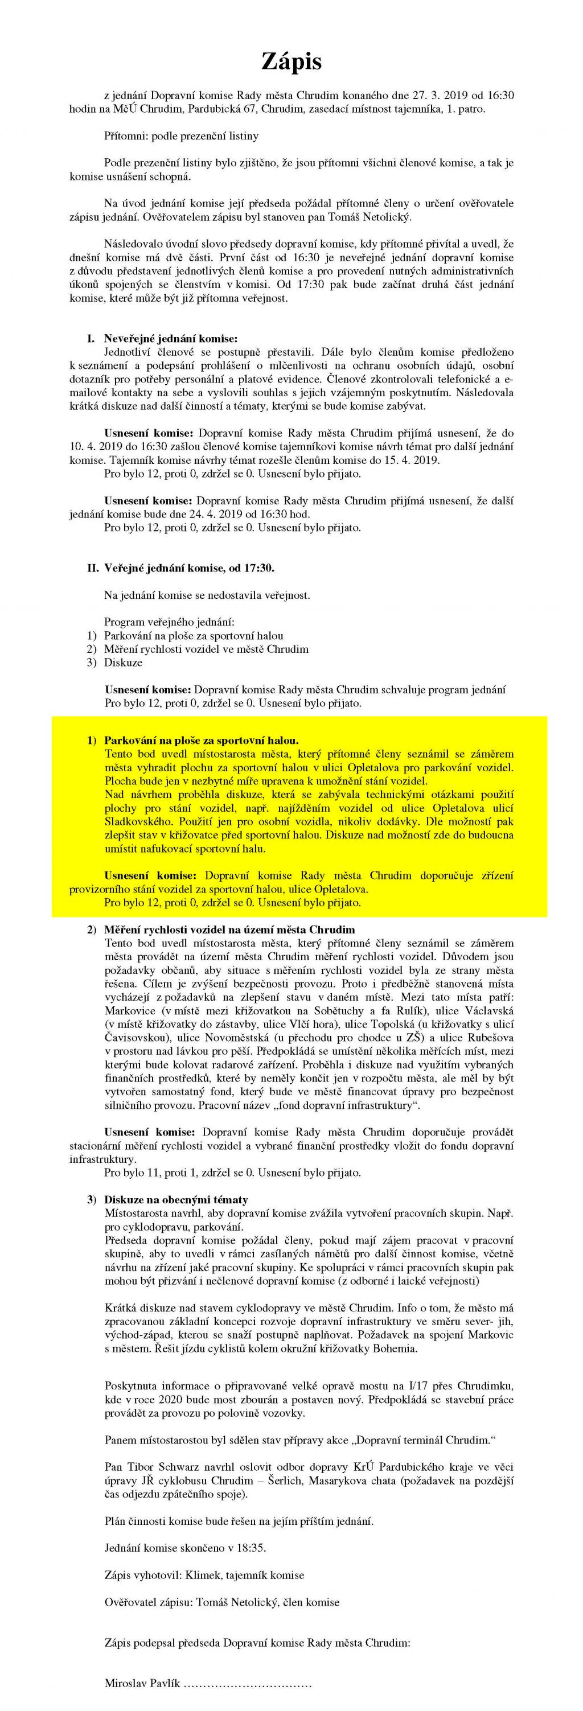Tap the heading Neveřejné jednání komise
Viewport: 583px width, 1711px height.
(x=170, y=338)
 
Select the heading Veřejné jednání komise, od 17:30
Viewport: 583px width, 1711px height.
(x=188, y=568)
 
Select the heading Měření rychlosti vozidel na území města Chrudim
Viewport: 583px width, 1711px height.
(x=229, y=929)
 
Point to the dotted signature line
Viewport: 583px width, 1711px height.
(x=247, y=1698)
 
